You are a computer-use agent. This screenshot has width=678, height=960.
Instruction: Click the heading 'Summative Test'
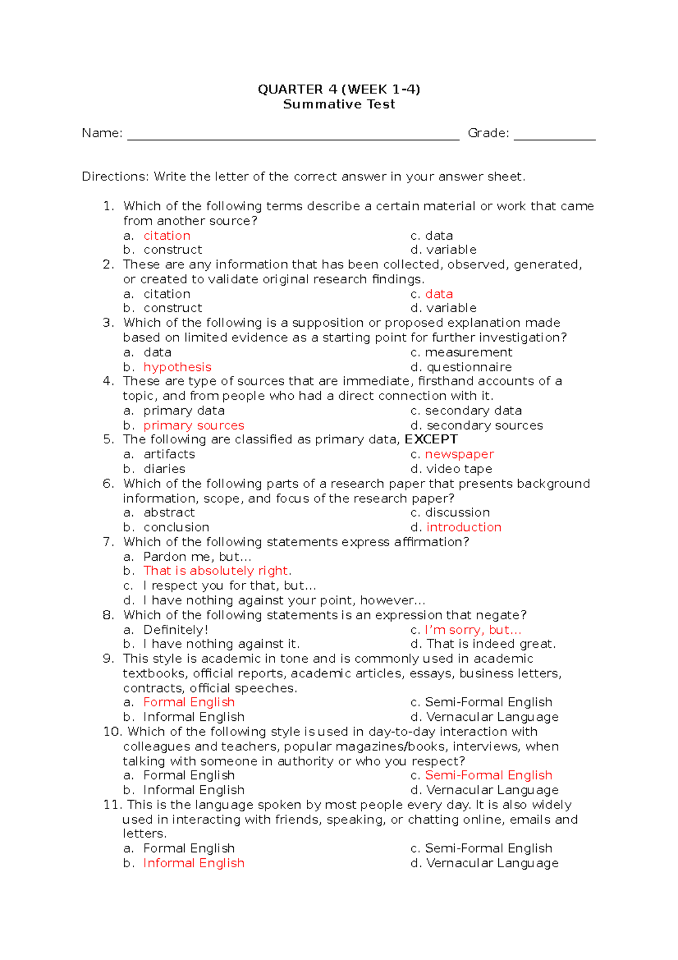pyautogui.click(x=338, y=104)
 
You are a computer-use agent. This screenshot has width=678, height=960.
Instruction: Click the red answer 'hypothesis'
pyautogui.click(x=177, y=367)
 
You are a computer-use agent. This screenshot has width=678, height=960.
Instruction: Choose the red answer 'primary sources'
pyautogui.click(x=194, y=425)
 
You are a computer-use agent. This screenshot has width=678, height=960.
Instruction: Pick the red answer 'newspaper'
pyautogui.click(x=459, y=454)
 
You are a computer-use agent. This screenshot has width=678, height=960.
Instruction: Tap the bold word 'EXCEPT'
pyautogui.click(x=431, y=439)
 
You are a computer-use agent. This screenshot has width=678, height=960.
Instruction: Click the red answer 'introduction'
pyautogui.click(x=464, y=527)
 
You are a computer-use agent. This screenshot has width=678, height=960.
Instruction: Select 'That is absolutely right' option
pyautogui.click(x=216, y=570)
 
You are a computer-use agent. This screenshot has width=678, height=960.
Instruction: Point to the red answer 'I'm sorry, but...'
pyautogui.click(x=473, y=630)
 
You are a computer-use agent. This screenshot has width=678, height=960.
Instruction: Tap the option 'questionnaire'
pyautogui.click(x=469, y=367)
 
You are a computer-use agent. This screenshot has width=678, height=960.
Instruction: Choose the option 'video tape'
pyautogui.click(x=459, y=469)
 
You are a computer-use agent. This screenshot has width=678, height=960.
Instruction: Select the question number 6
pyautogui.click(x=108, y=483)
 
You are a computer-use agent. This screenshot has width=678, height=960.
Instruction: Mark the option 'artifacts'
pyautogui.click(x=169, y=454)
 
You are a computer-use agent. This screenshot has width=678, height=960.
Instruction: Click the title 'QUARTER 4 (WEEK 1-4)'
pyautogui.click(x=338, y=89)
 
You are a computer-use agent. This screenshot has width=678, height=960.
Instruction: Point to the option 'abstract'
pyautogui.click(x=169, y=512)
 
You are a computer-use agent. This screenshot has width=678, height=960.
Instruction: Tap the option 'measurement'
pyautogui.click(x=468, y=352)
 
